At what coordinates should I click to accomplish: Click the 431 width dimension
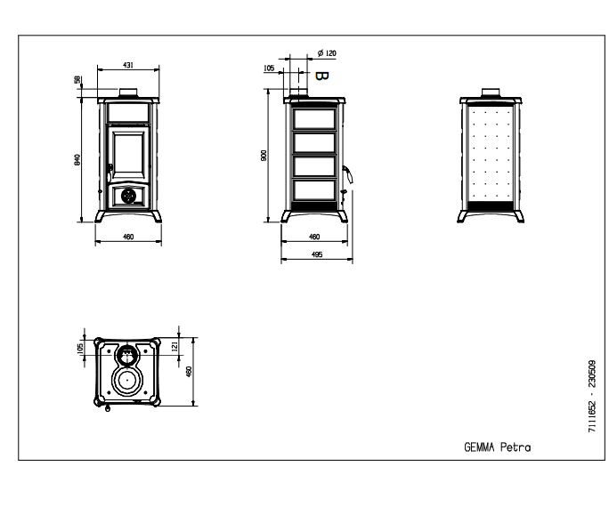point(128,65)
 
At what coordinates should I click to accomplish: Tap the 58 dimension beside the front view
point(77,79)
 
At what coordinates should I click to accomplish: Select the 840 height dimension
point(77,160)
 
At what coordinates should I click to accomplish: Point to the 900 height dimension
point(264,156)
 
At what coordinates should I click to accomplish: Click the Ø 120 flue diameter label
point(327,53)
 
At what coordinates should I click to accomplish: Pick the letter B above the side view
point(321,76)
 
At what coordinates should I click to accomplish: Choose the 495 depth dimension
point(317,254)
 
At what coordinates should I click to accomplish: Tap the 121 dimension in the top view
point(175,346)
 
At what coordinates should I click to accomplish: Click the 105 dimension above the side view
point(269,68)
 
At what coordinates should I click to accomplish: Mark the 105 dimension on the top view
point(80,348)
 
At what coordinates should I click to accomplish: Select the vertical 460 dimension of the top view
point(189,372)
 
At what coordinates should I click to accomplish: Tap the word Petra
point(516,447)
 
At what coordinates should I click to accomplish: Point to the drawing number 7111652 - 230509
point(591,396)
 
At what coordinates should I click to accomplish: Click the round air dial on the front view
point(128,196)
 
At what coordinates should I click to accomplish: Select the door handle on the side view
point(347,174)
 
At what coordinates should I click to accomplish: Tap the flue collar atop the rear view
point(491,93)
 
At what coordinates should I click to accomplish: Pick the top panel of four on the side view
point(314,118)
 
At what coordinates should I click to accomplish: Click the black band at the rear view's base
point(491,206)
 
